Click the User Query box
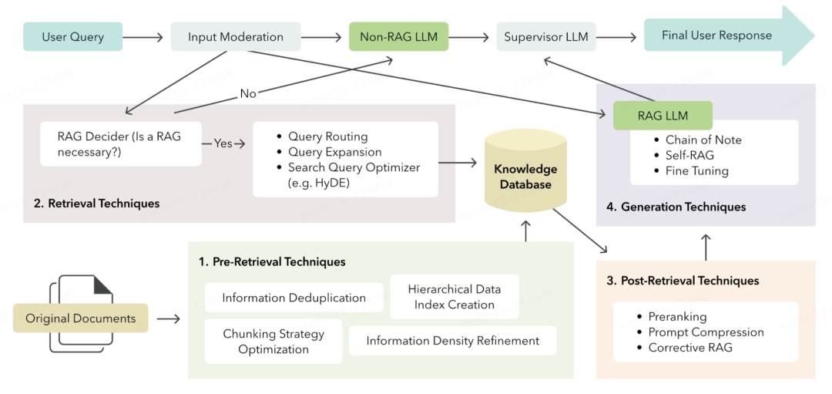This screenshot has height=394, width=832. (x=72, y=36)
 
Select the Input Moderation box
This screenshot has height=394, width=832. (x=235, y=36)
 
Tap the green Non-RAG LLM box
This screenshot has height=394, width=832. (x=398, y=36)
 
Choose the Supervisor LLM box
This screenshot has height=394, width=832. (x=545, y=36)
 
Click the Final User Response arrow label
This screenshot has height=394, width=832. (x=716, y=35)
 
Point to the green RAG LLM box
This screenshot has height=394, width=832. (x=663, y=116)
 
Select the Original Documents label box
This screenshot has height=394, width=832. (x=80, y=318)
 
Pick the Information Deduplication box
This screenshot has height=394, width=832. (x=294, y=298)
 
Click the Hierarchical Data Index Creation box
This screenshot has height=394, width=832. (x=455, y=297)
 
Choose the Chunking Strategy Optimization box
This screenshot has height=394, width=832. (x=273, y=341)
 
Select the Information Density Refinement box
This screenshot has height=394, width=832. (x=452, y=340)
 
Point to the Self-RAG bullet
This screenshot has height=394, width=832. (x=689, y=156)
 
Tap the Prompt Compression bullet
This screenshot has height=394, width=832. (x=706, y=332)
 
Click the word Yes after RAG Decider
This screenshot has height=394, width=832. (x=223, y=143)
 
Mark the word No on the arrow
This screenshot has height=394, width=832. (x=248, y=93)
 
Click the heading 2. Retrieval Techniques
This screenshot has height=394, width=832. (x=98, y=204)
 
